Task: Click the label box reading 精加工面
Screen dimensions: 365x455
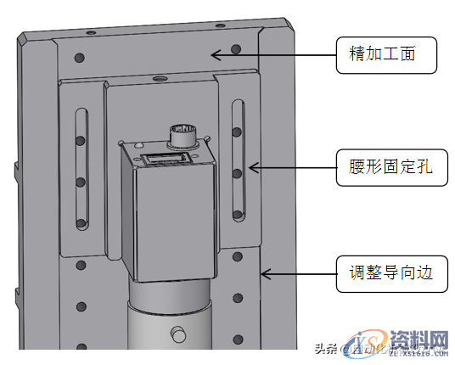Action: click(386, 55)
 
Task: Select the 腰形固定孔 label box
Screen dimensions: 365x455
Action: click(386, 166)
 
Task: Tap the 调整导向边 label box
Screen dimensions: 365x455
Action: click(386, 273)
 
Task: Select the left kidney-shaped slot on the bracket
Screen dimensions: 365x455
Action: click(81, 166)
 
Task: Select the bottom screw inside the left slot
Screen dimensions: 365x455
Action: click(81, 224)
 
